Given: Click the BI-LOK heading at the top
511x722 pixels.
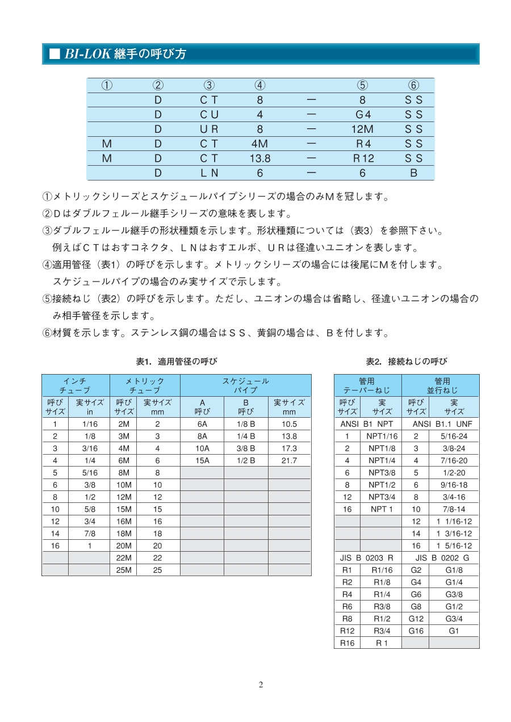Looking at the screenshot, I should [x=125, y=54].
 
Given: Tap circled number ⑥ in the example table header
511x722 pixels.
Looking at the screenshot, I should [x=413, y=85].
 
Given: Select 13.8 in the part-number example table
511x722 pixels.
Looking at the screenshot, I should [x=260, y=158].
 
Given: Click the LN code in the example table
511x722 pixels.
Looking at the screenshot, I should [x=209, y=173].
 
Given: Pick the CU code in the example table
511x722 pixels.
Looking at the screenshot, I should [x=209, y=114].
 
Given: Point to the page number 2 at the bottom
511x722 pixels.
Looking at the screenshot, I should [x=261, y=685].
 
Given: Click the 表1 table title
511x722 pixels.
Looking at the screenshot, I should [x=176, y=361].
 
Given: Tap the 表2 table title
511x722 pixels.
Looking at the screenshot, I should [x=406, y=361].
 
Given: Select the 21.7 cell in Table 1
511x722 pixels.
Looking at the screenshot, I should [x=290, y=460].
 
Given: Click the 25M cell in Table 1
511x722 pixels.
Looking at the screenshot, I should [x=123, y=570].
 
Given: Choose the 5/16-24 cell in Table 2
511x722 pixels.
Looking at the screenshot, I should [x=454, y=436].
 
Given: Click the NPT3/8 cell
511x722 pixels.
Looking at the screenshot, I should [x=382, y=472].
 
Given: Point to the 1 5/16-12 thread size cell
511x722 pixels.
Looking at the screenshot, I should [x=454, y=545].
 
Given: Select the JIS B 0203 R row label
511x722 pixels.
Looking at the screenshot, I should [x=367, y=558].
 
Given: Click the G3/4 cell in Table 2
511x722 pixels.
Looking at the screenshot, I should [x=454, y=619].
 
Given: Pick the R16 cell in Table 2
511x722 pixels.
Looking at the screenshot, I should [x=347, y=643].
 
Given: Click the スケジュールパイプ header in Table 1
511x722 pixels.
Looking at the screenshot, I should [x=245, y=385].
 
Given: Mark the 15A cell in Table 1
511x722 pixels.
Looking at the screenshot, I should [x=202, y=460].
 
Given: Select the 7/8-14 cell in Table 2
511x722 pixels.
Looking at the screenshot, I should [x=454, y=509].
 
